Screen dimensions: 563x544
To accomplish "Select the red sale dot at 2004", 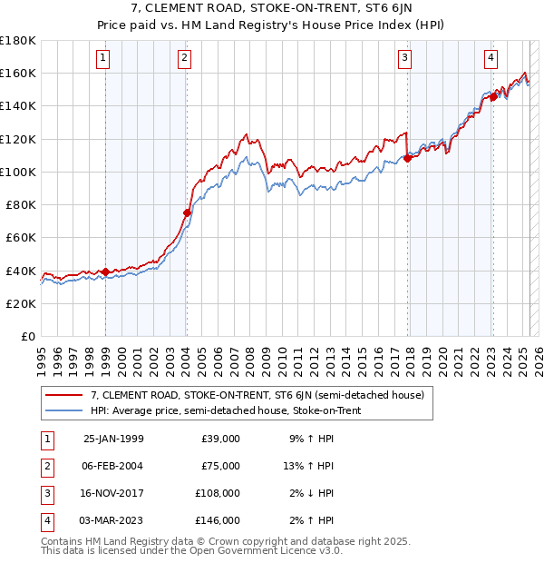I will [187, 213].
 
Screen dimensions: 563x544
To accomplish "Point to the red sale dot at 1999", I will [105, 272].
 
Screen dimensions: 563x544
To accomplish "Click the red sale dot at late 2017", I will [407, 158].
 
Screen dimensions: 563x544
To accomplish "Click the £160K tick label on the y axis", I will [18, 73].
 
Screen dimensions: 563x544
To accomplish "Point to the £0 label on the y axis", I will [28, 336].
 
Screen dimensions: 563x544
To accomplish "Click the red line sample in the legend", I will [64, 395].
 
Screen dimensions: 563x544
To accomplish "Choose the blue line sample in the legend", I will [64, 411].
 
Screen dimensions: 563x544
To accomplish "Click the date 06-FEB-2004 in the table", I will [112, 466].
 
